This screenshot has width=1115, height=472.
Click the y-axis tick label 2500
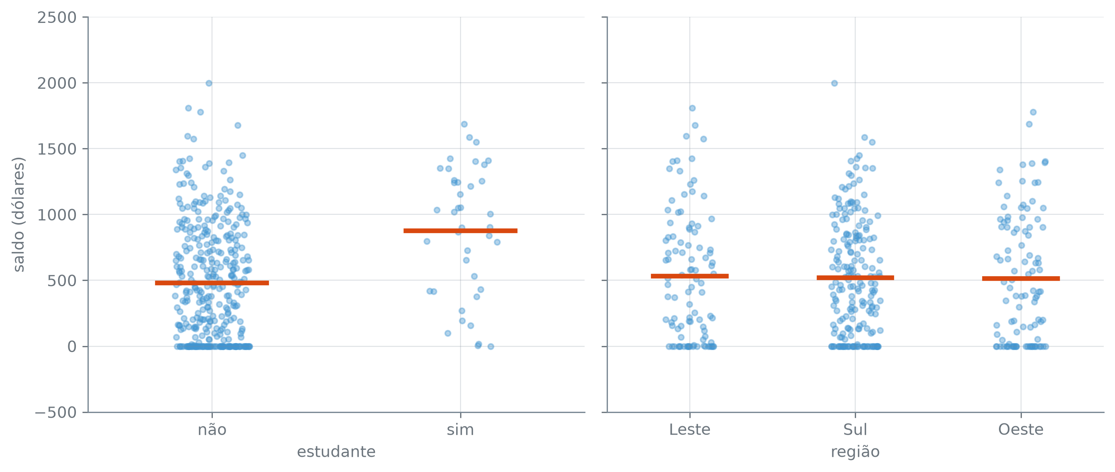57,18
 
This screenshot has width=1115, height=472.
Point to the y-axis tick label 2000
57,83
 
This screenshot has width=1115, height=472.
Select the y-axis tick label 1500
57,149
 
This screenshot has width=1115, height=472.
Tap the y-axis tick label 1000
57,215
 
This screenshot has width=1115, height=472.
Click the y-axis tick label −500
56,413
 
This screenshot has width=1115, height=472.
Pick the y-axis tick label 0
72,347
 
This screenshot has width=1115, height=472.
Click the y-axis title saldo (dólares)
18,215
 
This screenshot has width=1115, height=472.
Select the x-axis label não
212,429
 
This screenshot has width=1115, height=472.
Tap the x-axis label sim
461,429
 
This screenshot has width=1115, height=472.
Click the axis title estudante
336,452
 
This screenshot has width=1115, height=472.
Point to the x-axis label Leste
690,429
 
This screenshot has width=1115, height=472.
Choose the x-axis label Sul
855,429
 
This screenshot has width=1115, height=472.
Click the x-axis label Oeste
1021,429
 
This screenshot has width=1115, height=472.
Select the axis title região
855,452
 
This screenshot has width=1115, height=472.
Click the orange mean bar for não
212,283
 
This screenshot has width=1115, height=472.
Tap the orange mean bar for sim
461,231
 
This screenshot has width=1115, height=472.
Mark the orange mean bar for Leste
690,276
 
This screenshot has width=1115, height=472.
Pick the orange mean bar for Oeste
1021,279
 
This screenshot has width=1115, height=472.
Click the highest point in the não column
209,83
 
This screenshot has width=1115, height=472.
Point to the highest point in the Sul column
834,83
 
